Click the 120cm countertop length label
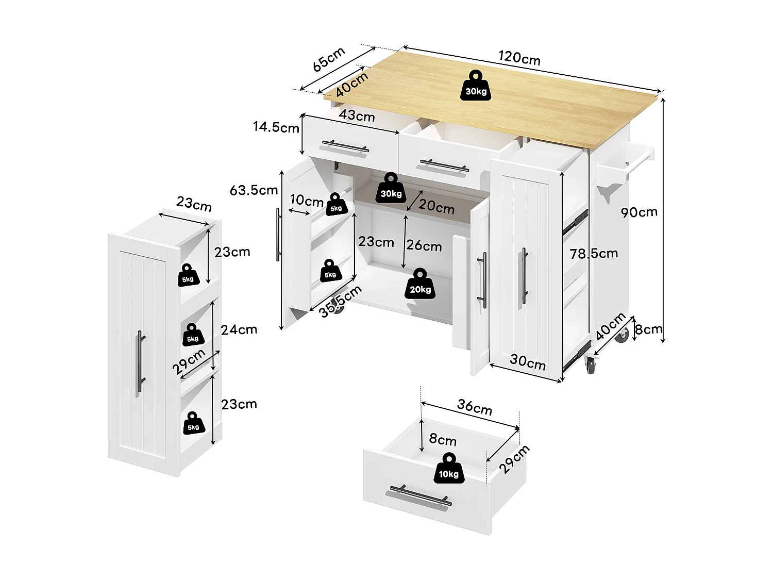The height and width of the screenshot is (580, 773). click(519, 58)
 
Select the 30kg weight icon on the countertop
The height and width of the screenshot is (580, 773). click(476, 86)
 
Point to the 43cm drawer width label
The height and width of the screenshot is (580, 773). click(357, 115)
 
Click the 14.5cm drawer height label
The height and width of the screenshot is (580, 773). click(276, 127)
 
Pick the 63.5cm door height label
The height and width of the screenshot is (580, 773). click(254, 190)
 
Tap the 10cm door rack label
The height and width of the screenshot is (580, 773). click(306, 200)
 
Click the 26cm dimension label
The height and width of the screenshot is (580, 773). click(424, 246)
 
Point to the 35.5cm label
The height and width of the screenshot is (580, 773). click(340, 302)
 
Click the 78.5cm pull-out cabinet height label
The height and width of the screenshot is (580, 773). click(594, 253)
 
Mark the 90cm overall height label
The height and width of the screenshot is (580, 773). click(638, 212)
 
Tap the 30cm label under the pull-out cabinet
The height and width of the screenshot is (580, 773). click(528, 362)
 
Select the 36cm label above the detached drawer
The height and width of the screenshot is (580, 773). click(474, 407)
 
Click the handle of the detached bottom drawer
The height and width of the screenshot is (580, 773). click(420, 496)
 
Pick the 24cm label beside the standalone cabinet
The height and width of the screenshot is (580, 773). click(239, 329)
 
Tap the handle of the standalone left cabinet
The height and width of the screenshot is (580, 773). click(140, 363)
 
